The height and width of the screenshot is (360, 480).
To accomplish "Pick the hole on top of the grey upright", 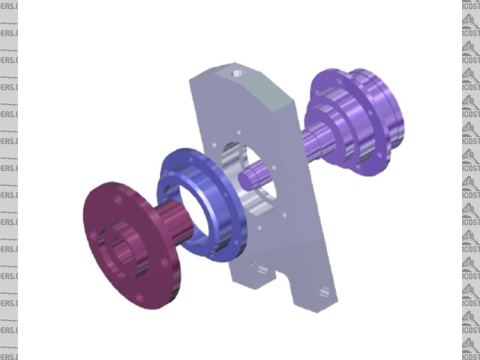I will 236,73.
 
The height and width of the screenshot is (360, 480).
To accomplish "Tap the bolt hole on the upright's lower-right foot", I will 322,293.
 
